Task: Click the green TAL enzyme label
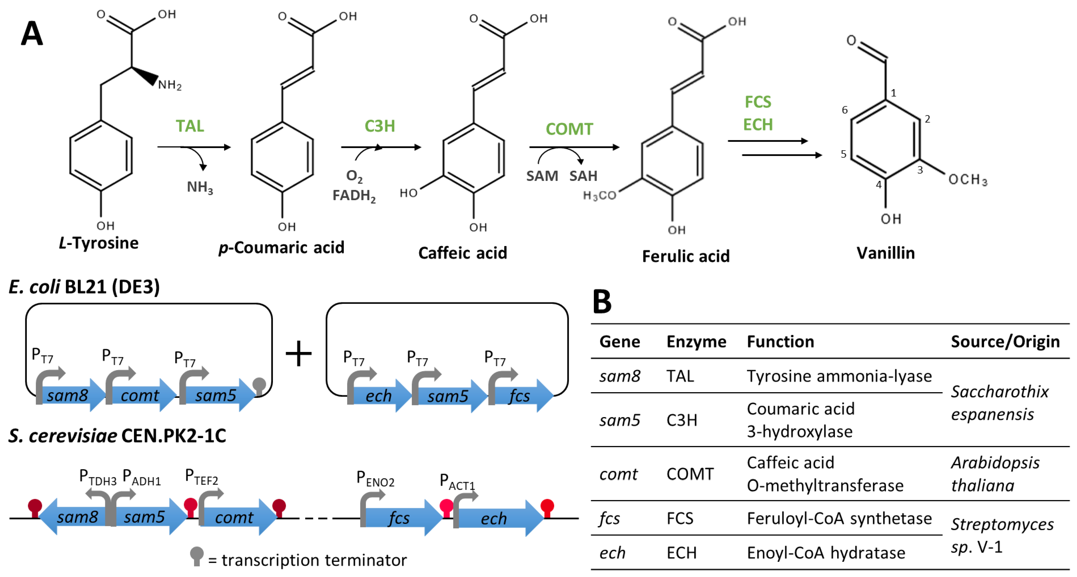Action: [190, 126]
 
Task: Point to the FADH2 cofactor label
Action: [354, 195]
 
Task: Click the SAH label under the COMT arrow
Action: [583, 176]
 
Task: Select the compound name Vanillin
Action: [886, 253]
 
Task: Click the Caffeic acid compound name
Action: [463, 253]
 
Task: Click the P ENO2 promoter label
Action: [375, 479]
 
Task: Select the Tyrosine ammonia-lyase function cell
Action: [839, 376]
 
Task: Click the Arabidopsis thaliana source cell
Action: [995, 474]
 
